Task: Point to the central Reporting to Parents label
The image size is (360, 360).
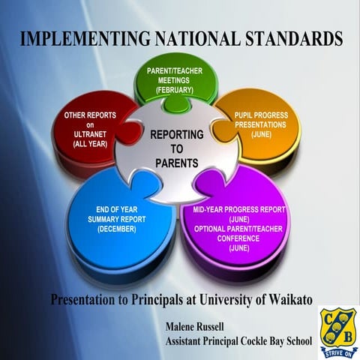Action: pos(177,147)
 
